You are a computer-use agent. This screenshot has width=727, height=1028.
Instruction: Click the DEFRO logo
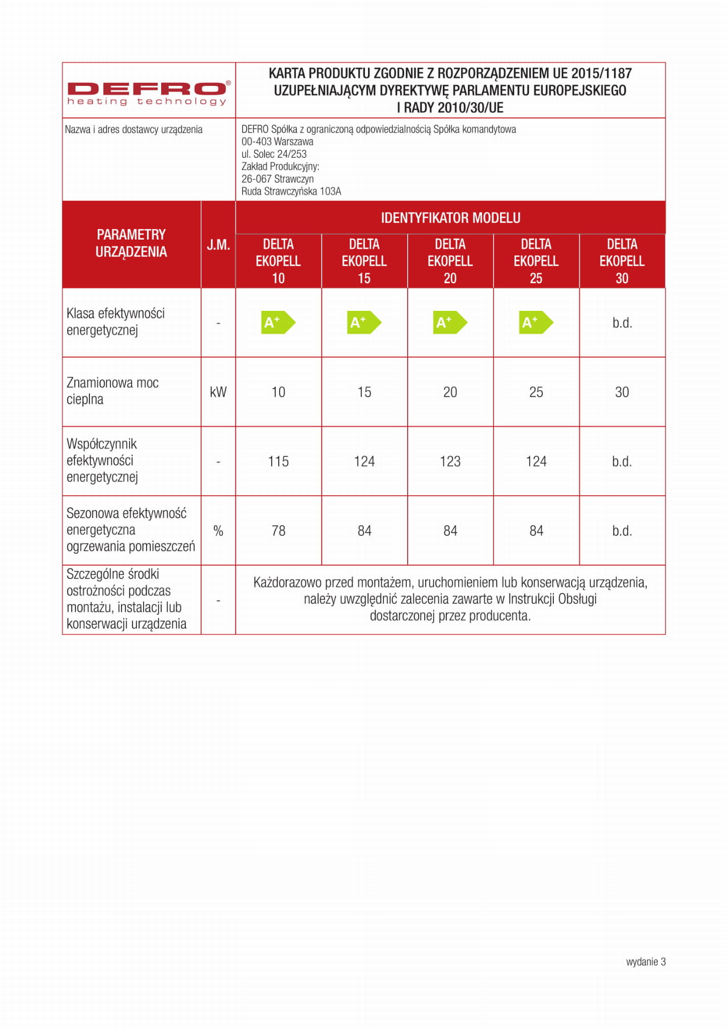pyautogui.click(x=149, y=93)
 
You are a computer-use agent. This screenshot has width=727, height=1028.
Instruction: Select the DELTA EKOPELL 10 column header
pyautogui.click(x=278, y=261)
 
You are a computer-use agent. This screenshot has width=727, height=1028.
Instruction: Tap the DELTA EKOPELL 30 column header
pyautogui.click(x=622, y=261)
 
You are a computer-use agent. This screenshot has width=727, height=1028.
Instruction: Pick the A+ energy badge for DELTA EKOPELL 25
pyautogui.click(x=535, y=322)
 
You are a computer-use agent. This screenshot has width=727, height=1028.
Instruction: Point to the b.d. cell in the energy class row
pyautogui.click(x=622, y=323)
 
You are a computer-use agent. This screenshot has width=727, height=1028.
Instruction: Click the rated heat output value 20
pyautogui.click(x=450, y=392)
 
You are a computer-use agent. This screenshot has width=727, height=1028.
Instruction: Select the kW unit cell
pyautogui.click(x=218, y=392)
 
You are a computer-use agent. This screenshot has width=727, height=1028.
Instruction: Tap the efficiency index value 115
pyautogui.click(x=278, y=462)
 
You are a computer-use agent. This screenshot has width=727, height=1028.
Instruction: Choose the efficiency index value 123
pyautogui.click(x=450, y=462)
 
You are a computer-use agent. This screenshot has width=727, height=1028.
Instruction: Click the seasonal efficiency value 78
pyautogui.click(x=278, y=531)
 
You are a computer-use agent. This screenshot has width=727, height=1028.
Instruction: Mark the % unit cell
pyautogui.click(x=218, y=531)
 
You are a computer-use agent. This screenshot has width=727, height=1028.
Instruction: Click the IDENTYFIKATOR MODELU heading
pyautogui.click(x=450, y=218)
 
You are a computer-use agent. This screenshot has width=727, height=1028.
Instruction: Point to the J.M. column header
pyautogui.click(x=218, y=245)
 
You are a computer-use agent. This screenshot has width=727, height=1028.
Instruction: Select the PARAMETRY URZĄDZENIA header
pyautogui.click(x=131, y=243)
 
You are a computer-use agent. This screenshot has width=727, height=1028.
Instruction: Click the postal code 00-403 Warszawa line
pyautogui.click(x=277, y=142)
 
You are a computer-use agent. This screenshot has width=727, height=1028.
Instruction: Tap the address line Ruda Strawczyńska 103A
pyautogui.click(x=291, y=191)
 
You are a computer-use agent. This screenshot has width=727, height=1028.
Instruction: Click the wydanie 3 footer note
pyautogui.click(x=646, y=962)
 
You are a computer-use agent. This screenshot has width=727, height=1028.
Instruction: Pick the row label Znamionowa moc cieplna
pyautogui.click(x=112, y=391)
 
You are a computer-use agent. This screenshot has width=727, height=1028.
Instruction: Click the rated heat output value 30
pyautogui.click(x=622, y=392)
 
